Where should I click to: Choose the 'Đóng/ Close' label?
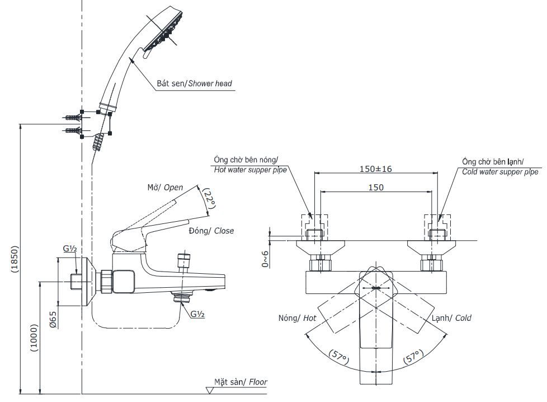pyautogui.click(x=211, y=231)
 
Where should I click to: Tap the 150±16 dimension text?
pyautogui.click(x=375, y=169)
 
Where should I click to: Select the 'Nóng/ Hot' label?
pyautogui.click(x=297, y=318)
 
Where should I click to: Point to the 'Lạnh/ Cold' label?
pyautogui.click(x=451, y=318)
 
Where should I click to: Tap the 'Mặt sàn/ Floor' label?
pyautogui.click(x=241, y=382)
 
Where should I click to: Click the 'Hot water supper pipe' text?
pyautogui.click(x=249, y=170)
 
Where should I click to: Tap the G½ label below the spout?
pyautogui.click(x=197, y=314)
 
